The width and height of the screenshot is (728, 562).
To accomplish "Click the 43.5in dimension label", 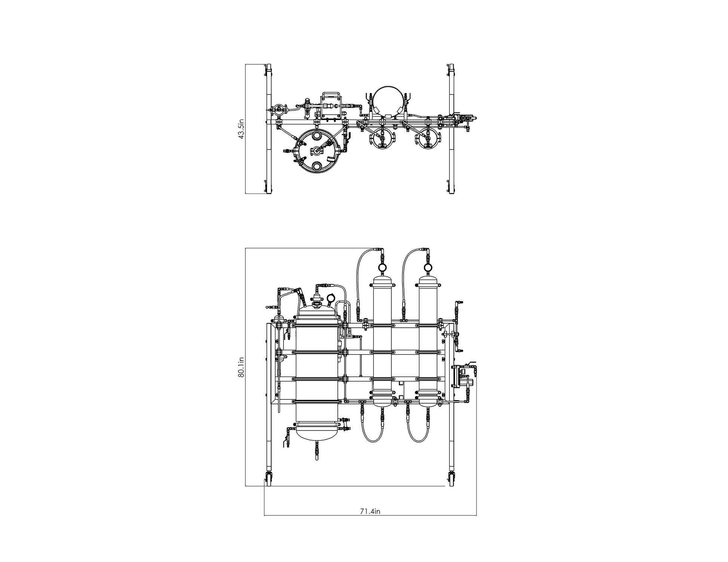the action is pos(241,129).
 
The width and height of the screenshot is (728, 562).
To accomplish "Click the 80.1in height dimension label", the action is pos(241,367).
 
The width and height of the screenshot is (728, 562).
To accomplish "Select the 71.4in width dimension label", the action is pos(370,511).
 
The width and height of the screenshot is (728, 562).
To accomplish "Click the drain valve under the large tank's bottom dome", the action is pos(317,451).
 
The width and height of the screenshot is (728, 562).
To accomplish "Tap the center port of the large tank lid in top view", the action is pos(317,151).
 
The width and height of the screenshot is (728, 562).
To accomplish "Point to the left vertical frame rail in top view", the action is pos(269,129).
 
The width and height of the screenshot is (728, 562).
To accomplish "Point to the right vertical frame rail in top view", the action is pos(452,129).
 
